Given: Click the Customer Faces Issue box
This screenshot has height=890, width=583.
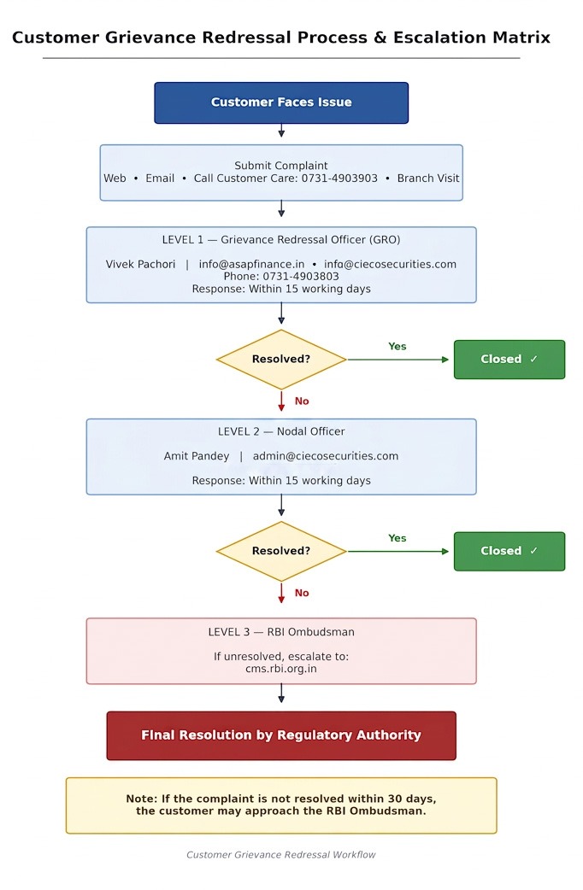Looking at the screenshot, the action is [281, 102].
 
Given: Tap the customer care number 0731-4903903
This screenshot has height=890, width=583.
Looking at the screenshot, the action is [339, 179].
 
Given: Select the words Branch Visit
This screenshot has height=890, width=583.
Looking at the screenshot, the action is [428, 179].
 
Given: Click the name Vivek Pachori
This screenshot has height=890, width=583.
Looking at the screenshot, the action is [140, 264].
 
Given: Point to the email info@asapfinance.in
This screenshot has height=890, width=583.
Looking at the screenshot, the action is [251, 264].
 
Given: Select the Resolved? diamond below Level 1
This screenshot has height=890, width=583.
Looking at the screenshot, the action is [281, 360].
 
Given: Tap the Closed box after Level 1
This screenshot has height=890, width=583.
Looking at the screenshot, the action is [509, 360].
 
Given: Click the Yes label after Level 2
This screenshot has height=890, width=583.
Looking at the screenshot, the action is [397, 538].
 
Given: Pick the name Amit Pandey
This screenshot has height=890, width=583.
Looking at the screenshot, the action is [197, 456].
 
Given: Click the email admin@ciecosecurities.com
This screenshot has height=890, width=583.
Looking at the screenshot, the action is [326, 456].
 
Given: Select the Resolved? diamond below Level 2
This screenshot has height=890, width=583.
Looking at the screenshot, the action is [281, 551].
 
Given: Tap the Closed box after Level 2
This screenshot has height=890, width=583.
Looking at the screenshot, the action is [509, 551].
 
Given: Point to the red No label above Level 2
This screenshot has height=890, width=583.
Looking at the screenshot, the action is [302, 401].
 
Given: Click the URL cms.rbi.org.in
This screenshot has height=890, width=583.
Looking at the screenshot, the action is [281, 669].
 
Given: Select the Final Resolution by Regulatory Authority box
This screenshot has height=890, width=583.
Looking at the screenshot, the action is [281, 735].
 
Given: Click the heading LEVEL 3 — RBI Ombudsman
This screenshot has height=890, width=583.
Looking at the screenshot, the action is [281, 632].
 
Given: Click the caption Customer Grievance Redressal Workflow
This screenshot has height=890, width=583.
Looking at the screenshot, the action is [281, 854].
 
